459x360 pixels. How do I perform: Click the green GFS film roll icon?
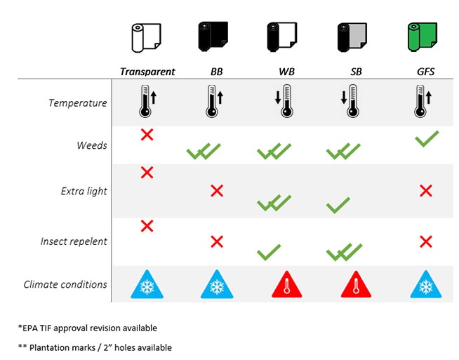click(423, 37)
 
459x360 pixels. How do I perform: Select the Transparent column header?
click(147, 72)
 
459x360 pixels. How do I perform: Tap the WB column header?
click(286, 72)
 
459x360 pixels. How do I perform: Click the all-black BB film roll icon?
click(213, 36)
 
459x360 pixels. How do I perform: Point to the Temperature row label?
click(78, 103)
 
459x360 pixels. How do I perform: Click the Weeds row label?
click(92, 145)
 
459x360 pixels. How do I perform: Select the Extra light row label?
click(84, 191)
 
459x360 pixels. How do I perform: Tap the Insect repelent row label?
click(74, 241)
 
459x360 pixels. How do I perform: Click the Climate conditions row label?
click(65, 284)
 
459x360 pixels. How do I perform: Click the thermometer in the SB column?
click(353, 101)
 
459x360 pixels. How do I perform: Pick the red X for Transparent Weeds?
click(147, 135)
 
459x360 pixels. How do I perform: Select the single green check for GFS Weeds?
click(427, 138)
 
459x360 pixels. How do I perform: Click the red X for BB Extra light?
click(217, 191)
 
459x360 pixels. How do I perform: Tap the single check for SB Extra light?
click(338, 205)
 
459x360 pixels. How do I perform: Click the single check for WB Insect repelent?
click(269, 253)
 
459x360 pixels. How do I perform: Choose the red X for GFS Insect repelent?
click(426, 242)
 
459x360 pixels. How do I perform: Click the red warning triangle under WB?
click(286, 284)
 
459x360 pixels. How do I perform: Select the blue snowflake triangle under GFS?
click(426, 284)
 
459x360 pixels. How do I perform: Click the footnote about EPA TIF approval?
click(88, 328)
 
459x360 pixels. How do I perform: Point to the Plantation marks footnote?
click(95, 347)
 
